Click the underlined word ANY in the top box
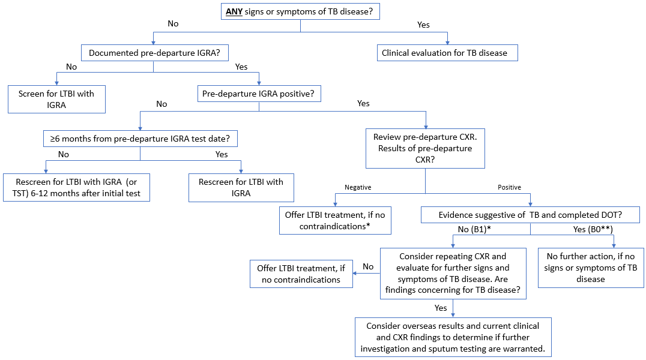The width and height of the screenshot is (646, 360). pos(234,11)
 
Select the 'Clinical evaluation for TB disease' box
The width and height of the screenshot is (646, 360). pos(447,53)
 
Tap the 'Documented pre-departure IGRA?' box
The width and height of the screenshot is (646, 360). pos(154,53)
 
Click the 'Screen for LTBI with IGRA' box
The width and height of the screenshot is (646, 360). pos(56,99)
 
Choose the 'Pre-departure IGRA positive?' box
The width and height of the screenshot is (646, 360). pos(259,94)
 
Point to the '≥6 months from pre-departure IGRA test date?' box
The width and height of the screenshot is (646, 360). pos(140,139)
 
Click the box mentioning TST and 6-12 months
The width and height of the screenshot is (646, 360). pos(76,187)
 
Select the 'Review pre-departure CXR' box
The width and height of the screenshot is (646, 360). pos(425,148)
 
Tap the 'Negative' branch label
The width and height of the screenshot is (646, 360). pos(358,187)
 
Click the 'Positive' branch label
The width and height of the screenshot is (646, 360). pos(509,187)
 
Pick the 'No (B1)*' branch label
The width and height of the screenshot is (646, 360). pos(474,229)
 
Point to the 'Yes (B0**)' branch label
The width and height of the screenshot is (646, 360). pos(593,229)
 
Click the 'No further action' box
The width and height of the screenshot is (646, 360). pos(591,268)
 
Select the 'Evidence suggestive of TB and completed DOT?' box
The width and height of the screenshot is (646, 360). pos(530,215)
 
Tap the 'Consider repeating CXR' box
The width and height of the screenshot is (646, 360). pos(453,273)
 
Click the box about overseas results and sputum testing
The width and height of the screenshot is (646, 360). pos(453,337)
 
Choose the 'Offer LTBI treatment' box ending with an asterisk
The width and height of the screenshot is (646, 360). pos(335,220)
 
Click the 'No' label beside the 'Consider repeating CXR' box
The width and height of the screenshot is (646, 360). pos(368,266)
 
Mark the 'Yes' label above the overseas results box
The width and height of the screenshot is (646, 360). pos(441,308)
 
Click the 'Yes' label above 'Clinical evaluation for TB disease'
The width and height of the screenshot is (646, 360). pos(423,25)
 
